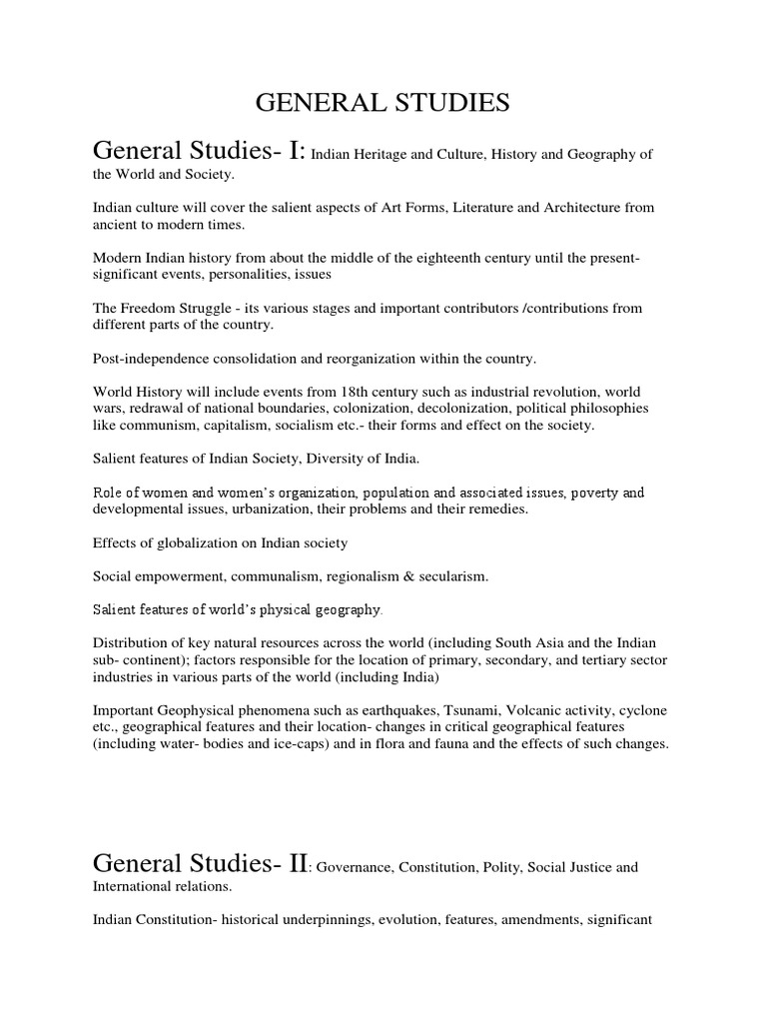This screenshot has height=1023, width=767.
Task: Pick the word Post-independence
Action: (x=153, y=357)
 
